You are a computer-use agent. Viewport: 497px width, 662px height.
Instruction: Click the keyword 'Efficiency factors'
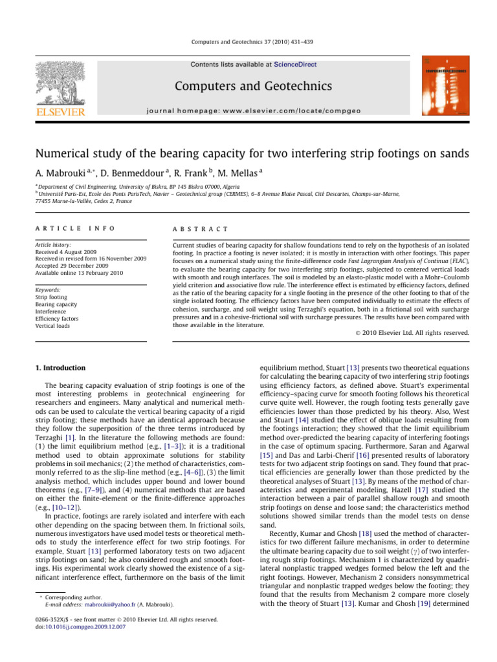pos(58,319)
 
